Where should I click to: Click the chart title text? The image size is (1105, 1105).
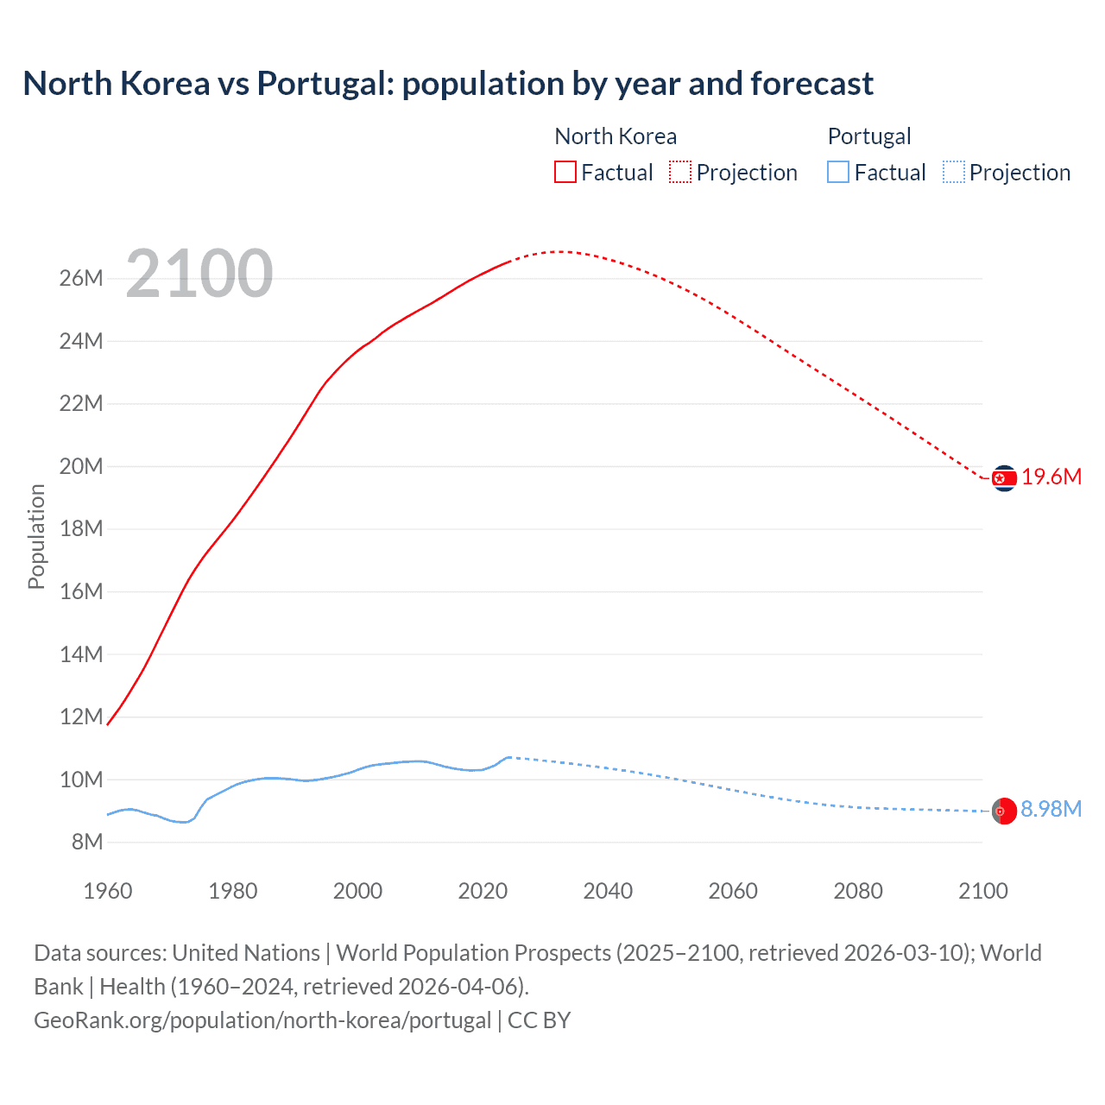coord(448,84)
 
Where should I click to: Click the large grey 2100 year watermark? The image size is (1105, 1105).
coord(199,274)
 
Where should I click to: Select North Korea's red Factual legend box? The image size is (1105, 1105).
coord(565,172)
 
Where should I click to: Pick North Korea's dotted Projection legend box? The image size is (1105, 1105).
coord(680,172)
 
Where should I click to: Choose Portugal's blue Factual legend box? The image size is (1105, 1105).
coord(837,172)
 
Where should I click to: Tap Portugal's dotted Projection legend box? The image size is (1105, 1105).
coord(953,172)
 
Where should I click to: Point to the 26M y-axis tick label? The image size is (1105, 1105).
coord(81,278)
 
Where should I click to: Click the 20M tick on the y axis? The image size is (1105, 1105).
coord(81,466)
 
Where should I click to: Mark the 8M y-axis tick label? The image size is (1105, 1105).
coord(86,842)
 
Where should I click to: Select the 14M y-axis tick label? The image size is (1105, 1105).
coord(81,654)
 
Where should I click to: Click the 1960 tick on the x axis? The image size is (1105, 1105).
coord(108,891)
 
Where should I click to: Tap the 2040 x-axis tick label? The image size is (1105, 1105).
coord(608,891)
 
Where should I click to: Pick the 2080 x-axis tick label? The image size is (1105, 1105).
coord(858,891)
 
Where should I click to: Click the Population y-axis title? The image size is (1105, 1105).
coord(36,536)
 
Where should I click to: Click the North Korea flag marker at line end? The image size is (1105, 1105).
coord(1004,477)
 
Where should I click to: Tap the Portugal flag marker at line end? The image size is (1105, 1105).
coord(1004,811)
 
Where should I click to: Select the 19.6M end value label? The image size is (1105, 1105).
coord(1051,477)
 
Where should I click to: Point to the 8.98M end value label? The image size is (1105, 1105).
coord(1051,809)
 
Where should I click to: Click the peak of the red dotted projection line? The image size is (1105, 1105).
coord(559,251)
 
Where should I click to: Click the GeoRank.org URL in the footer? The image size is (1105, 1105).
coord(262,1020)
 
